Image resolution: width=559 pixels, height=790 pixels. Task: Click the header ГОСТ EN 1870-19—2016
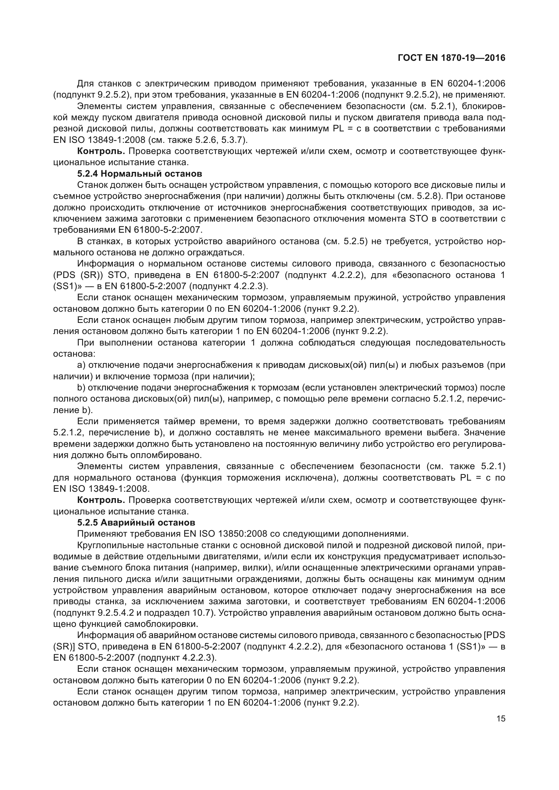(x=451, y=58)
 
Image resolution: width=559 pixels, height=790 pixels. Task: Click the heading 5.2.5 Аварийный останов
(x=136, y=522)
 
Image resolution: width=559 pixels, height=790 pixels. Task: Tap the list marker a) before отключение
(x=81, y=365)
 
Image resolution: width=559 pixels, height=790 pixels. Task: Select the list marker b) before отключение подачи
(x=81, y=387)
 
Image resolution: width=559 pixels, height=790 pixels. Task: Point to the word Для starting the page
(x=86, y=84)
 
